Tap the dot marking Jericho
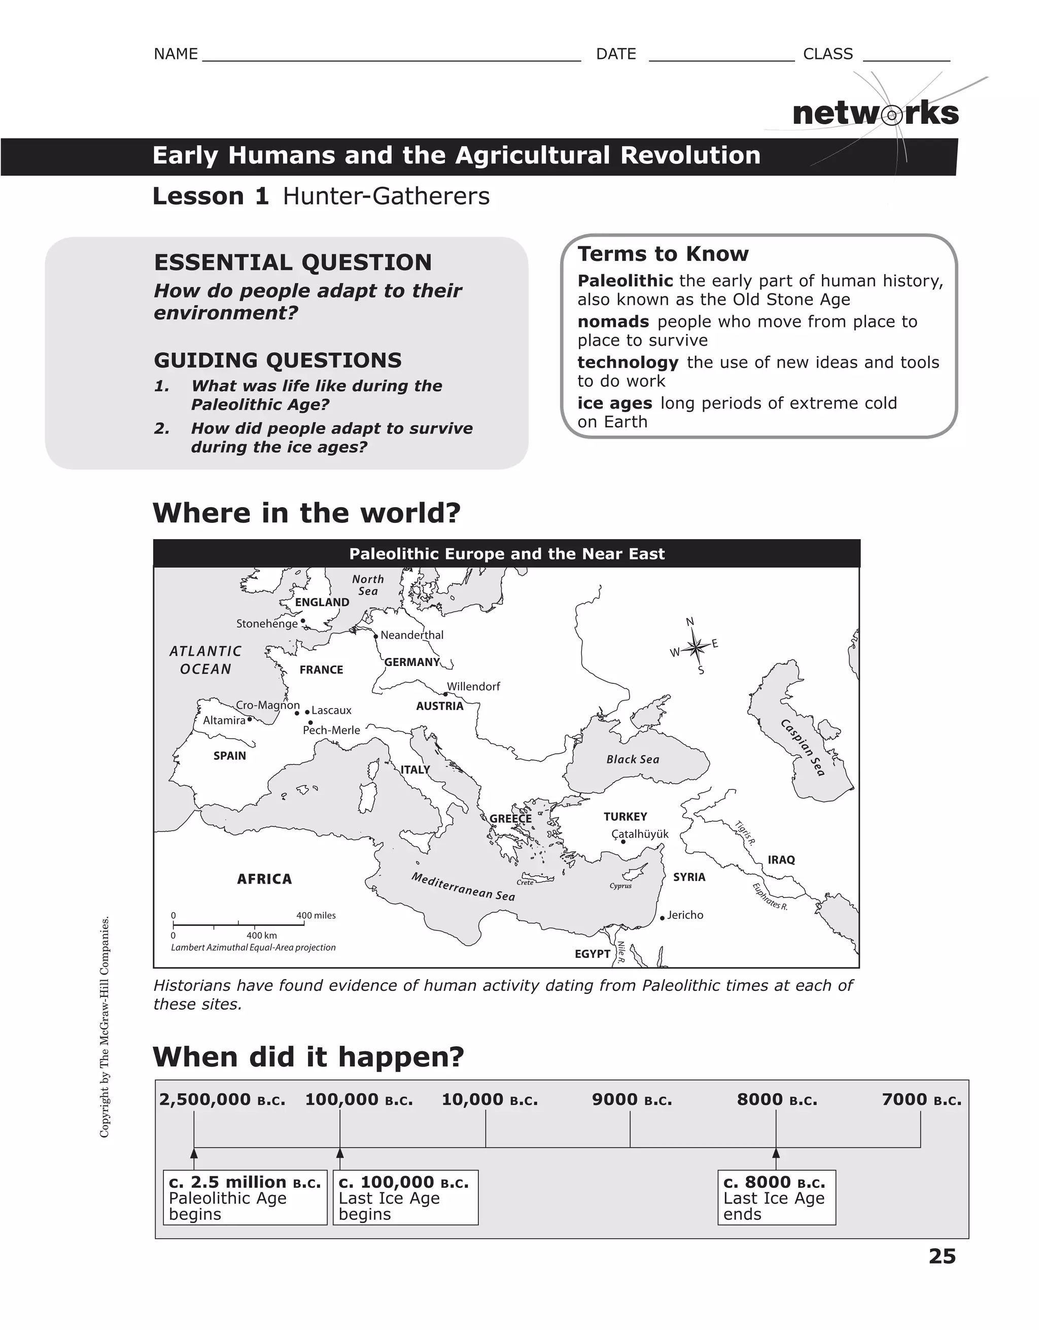(662, 918)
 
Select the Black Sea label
(633, 759)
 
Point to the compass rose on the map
(696, 647)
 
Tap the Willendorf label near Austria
(473, 686)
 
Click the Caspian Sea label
(804, 747)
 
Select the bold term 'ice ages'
(614, 403)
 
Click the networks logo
(875, 114)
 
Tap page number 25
(942, 1256)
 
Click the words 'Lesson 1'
(210, 196)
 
